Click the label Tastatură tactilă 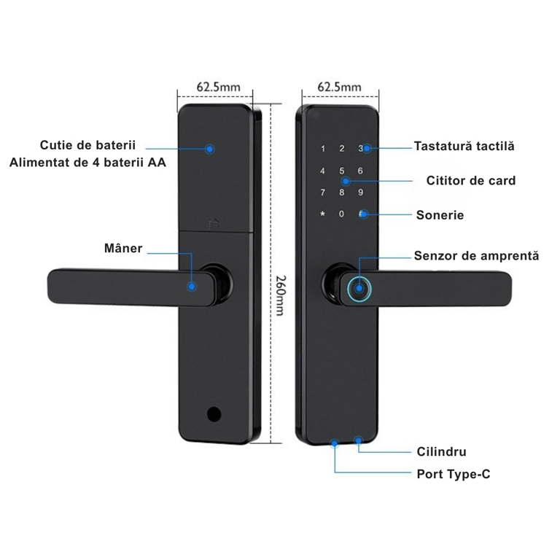coord(464,146)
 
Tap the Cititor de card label coord(471,180)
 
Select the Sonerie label coord(440,215)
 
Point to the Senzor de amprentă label coord(476,256)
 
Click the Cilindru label coord(441,452)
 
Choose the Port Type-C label coord(453,474)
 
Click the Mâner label coord(122,249)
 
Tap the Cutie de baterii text coord(88,146)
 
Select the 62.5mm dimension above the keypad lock coord(340,87)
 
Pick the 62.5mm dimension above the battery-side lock coord(218,87)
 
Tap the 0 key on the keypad coord(341,214)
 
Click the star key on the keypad coord(322,214)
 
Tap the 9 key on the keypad coord(359,193)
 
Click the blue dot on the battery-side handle coord(192,287)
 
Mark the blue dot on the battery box coord(210,149)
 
